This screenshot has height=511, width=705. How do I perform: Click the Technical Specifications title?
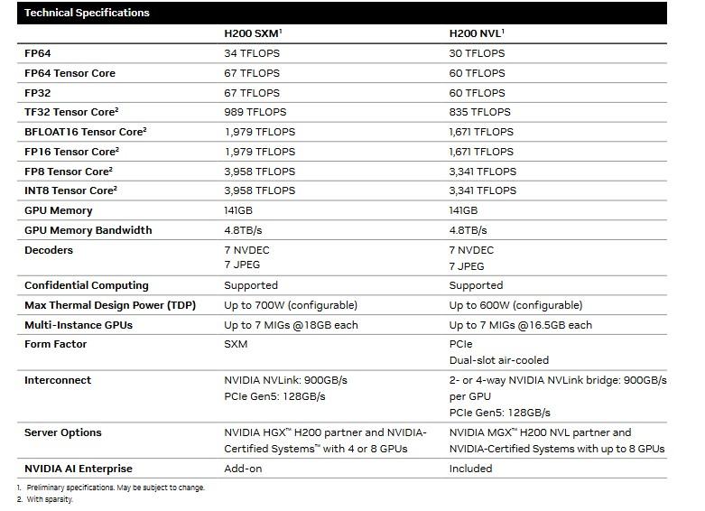pyautogui.click(x=87, y=13)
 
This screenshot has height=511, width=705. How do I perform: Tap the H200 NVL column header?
pyautogui.click(x=477, y=33)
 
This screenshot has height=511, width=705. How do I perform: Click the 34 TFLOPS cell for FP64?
pyautogui.click(x=252, y=53)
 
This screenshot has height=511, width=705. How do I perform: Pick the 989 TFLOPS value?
pyautogui.click(x=255, y=112)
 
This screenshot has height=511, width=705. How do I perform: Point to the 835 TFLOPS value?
pyautogui.click(x=479, y=112)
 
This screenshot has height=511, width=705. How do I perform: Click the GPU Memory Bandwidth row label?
pyautogui.click(x=88, y=230)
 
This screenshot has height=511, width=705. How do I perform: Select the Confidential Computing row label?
pyautogui.click(x=86, y=285)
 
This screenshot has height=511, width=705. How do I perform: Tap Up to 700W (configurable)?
pyautogui.click(x=291, y=305)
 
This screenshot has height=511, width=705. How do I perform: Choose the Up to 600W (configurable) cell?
pyautogui.click(x=515, y=305)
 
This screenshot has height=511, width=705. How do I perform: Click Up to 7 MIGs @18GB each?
pyautogui.click(x=291, y=325)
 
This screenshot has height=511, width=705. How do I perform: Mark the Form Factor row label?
pyautogui.click(x=56, y=344)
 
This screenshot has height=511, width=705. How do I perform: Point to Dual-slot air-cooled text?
pyautogui.click(x=499, y=360)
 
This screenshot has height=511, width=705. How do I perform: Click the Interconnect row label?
pyautogui.click(x=58, y=380)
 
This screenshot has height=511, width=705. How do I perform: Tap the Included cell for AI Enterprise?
pyautogui.click(x=470, y=469)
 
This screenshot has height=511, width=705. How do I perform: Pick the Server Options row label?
pyautogui.click(x=63, y=432)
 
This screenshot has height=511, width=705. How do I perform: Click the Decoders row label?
pyautogui.click(x=49, y=250)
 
